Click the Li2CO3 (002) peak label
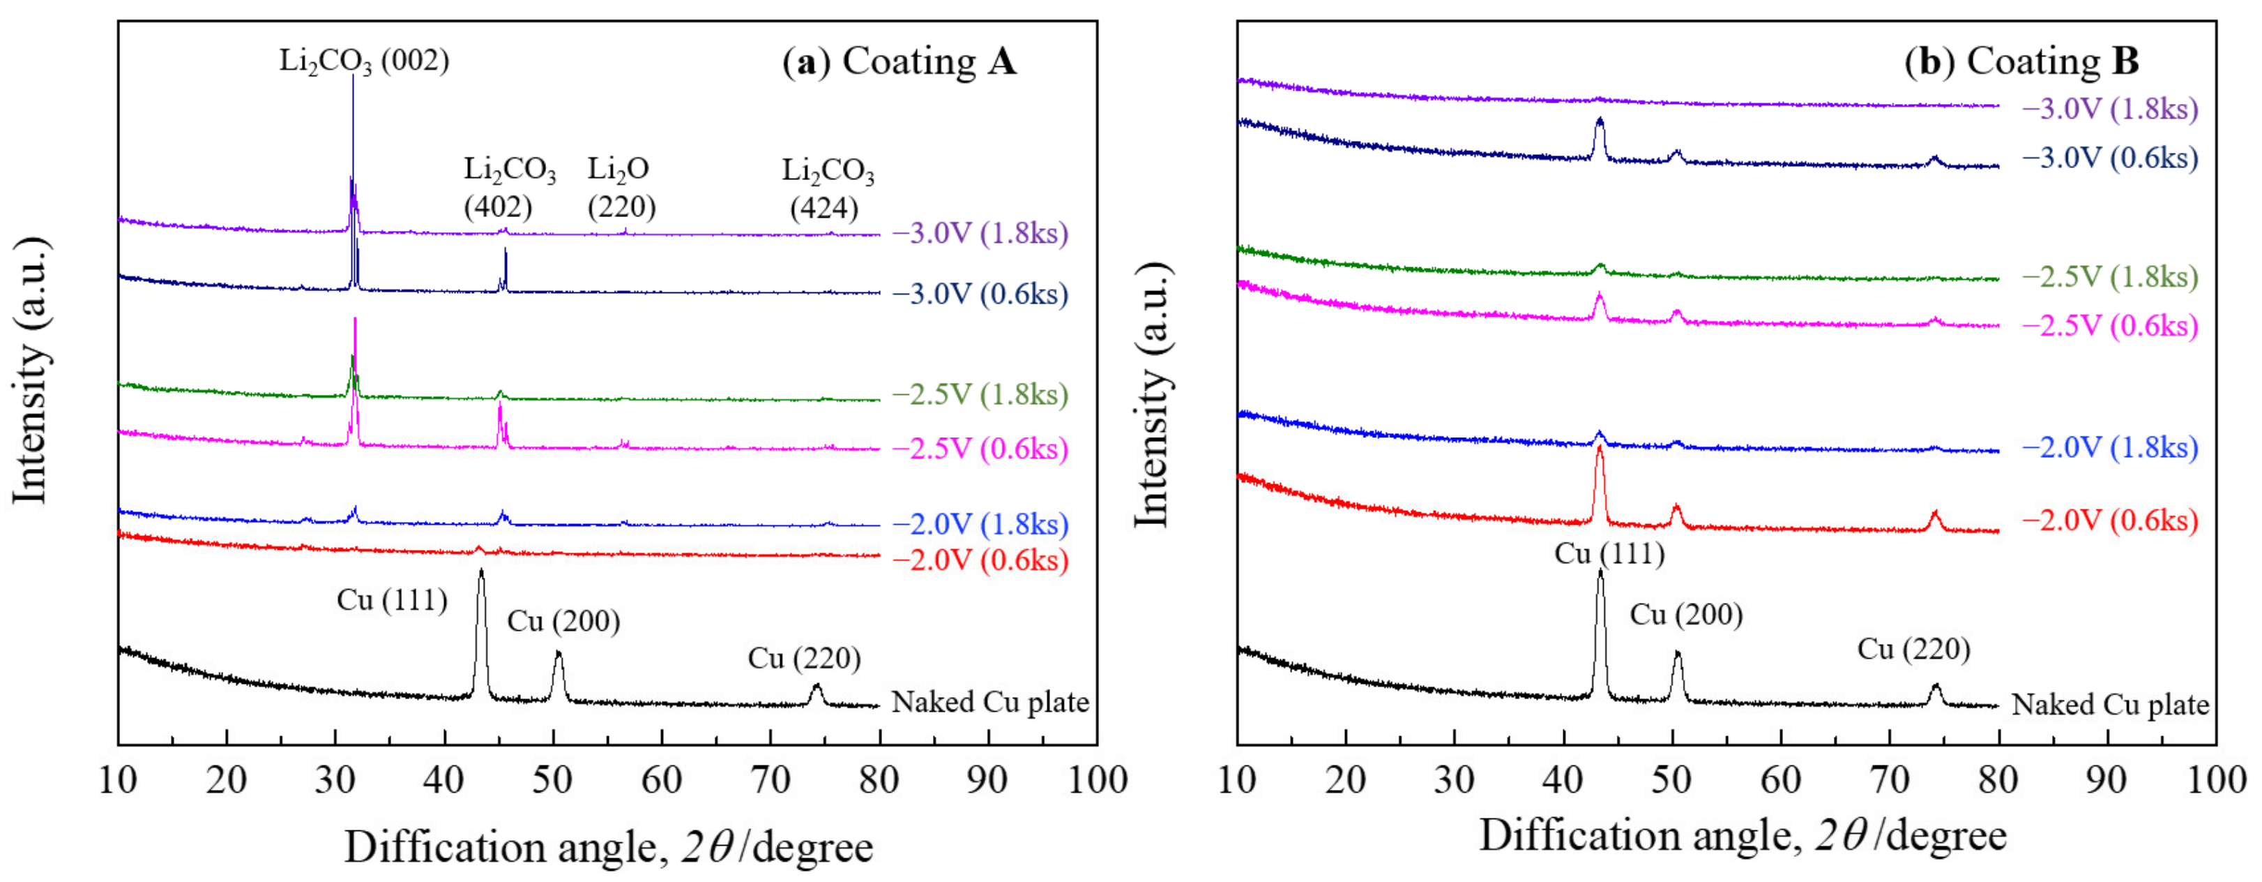pyautogui.click(x=363, y=61)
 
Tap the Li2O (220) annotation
pyautogui.click(x=621, y=187)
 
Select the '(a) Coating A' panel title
pyautogui.click(x=900, y=61)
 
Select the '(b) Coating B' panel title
pyautogui.click(x=2021, y=61)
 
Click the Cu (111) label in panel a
pyautogui.click(x=392, y=600)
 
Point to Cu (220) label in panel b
pyautogui.click(x=1913, y=649)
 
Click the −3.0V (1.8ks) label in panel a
pyautogui.click(x=980, y=234)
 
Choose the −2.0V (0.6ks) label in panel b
pyautogui.click(x=2110, y=520)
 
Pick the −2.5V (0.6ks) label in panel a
pyautogui.click(x=980, y=449)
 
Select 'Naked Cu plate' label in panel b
pyautogui.click(x=2110, y=705)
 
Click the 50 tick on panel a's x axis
pyautogui.click(x=552, y=779)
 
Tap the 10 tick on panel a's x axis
pyautogui.click(x=118, y=779)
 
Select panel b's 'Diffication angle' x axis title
pyautogui.click(x=1743, y=835)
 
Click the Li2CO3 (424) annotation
pyautogui.click(x=827, y=189)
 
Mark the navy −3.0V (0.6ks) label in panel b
pyautogui.click(x=2110, y=158)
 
